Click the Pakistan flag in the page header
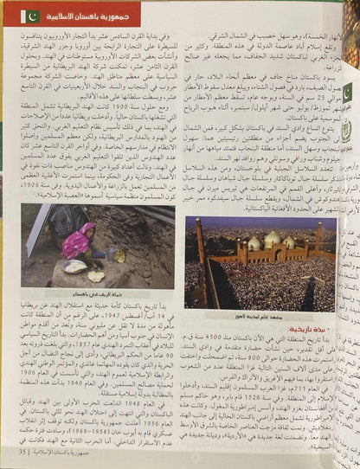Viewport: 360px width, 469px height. [29, 16]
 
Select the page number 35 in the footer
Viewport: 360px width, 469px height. [22, 453]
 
